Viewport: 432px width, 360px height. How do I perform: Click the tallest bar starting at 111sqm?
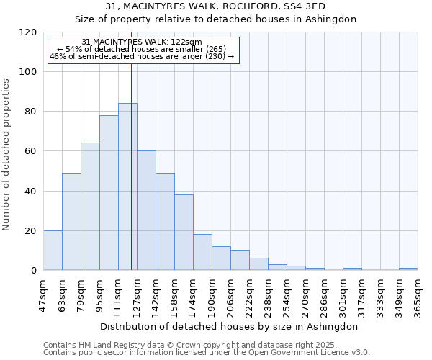127,187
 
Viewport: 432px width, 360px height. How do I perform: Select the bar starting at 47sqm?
53,251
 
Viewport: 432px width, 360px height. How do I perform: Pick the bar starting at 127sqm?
146,211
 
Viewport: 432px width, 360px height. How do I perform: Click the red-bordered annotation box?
143,50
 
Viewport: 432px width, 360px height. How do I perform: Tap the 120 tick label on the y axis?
28,32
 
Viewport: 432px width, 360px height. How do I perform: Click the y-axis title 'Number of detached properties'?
7,154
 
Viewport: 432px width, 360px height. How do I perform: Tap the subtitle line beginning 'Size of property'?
216,19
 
